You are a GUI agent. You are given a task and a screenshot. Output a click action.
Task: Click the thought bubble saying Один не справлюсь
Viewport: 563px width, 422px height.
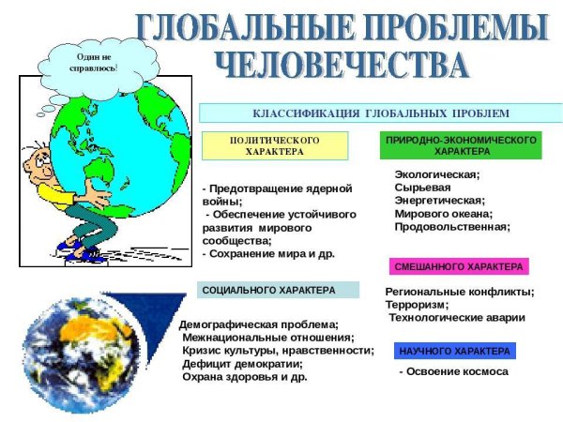tap(95, 63)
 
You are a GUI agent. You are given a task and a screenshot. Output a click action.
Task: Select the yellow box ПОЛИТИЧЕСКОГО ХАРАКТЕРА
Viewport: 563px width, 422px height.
tap(275, 145)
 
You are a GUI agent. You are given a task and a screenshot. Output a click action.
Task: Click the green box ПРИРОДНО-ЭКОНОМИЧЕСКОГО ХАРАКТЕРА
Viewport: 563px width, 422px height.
tap(461, 145)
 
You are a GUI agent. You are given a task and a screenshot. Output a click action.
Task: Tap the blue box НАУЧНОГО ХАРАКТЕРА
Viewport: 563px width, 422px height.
tap(455, 352)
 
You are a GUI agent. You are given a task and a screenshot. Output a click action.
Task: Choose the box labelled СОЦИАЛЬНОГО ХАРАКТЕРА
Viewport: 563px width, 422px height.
tap(280, 291)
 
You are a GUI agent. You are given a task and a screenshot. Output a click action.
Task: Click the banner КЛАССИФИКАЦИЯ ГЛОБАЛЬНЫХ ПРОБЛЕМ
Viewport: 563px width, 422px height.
tap(381, 113)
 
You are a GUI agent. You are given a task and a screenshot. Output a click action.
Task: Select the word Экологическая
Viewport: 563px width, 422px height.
tap(437, 174)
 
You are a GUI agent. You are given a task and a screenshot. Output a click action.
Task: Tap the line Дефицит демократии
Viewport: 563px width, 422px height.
tap(236, 364)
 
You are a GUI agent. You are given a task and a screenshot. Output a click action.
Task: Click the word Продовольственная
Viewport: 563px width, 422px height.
tap(452, 227)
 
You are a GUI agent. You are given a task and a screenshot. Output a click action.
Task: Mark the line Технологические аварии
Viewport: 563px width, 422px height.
tap(457, 318)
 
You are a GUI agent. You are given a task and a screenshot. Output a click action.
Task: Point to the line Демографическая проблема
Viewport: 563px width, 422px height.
tap(259, 324)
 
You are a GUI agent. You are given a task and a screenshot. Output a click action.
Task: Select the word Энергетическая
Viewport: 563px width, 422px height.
tap(439, 201)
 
